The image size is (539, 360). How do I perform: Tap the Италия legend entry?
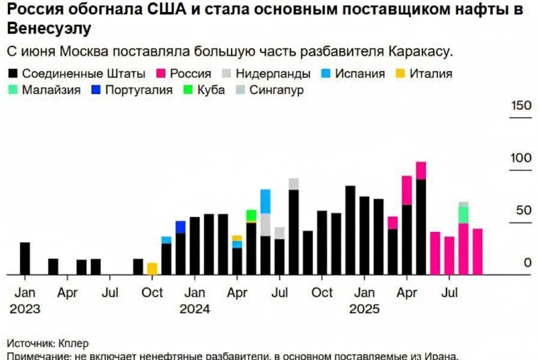[x=427, y=73]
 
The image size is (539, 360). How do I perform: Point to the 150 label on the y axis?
[x=521, y=106]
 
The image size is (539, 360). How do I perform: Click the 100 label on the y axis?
[x=521, y=158]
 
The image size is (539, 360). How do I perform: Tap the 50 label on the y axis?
[x=524, y=211]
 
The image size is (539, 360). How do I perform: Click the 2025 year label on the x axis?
[x=365, y=309]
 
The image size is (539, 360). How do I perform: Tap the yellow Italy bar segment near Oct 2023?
[x=152, y=268]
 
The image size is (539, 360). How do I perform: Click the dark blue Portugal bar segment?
[x=181, y=227]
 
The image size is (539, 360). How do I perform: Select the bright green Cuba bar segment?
[x=251, y=216]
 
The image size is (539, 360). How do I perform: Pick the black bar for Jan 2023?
[x=25, y=258]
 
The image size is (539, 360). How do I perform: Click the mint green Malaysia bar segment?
[x=464, y=215]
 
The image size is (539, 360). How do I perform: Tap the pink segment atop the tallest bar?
[x=421, y=171]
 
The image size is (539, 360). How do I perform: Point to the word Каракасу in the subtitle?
[x=420, y=52]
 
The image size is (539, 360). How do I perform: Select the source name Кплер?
[x=73, y=342]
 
